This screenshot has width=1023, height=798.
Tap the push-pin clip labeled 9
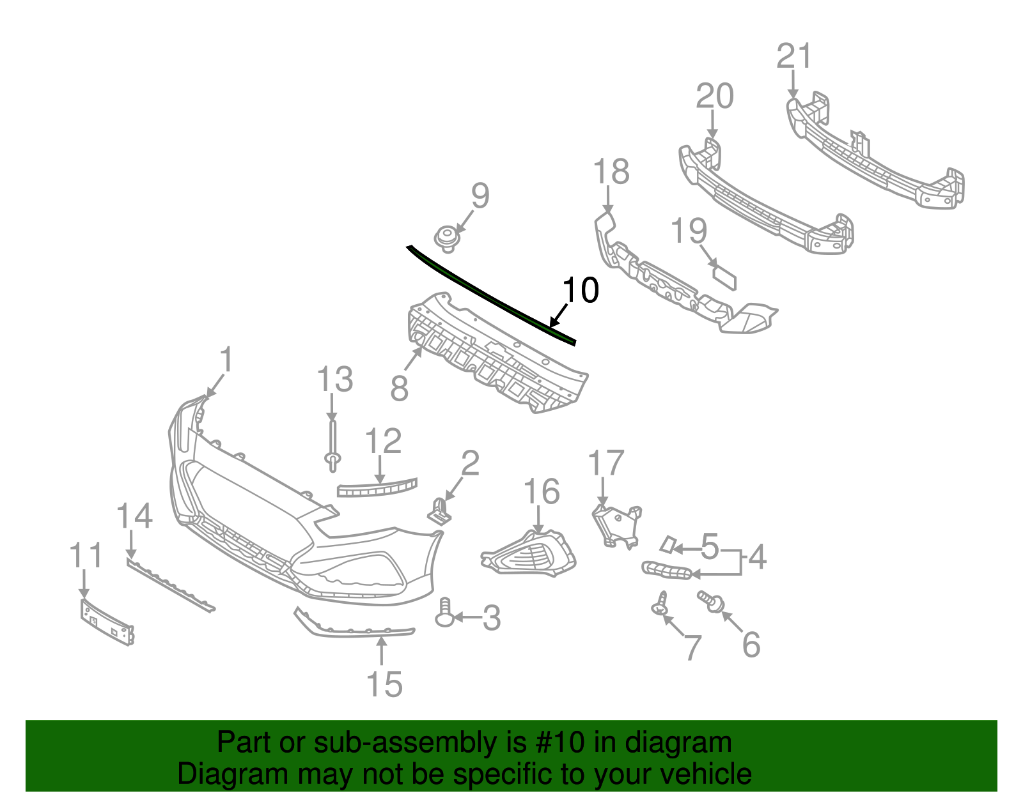coord(447,238)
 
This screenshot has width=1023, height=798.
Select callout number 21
coord(794,56)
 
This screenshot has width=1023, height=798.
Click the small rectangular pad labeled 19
coord(724,278)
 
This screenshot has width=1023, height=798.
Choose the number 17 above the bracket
coord(605,463)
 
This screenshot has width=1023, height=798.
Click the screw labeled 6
coord(710,600)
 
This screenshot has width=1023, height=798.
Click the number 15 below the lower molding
coord(384,684)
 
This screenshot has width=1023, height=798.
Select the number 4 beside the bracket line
coord(757,557)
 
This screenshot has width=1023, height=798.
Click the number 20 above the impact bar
coord(714,96)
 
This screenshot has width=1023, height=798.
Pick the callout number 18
coord(611,173)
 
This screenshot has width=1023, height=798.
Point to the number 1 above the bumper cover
coord(226,360)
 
